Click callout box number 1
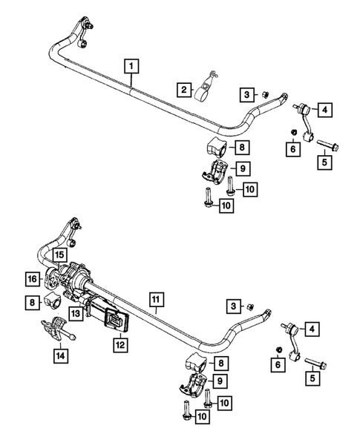[131, 66]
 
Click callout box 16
[33, 279]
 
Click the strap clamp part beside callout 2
[206, 88]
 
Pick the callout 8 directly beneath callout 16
[32, 302]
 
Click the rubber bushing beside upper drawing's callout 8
[216, 145]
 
